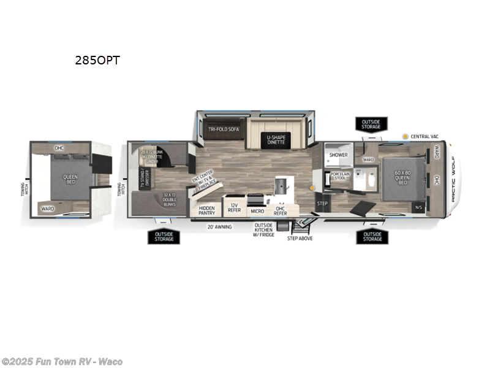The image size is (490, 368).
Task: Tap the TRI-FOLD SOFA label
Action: coord(222,129)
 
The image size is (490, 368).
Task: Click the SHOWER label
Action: coord(338,155)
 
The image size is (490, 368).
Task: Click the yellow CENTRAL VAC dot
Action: coord(405,136)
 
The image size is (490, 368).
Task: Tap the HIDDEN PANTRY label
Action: coord(206,210)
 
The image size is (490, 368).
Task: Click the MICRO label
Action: coord(257,211)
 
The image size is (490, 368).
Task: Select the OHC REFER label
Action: coord(280,210)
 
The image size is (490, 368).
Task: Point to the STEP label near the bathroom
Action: coord(323,204)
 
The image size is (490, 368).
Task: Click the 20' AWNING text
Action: coord(220,226)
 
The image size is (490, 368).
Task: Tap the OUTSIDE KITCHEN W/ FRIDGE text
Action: coord(266,229)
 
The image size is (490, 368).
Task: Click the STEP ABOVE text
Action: coord(300,238)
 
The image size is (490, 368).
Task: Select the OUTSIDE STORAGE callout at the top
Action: coord(371,125)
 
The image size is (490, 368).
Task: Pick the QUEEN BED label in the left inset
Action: coord(70,180)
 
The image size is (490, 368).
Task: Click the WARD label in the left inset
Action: coord(47,209)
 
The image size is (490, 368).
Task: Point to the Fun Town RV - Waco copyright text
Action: coord(62,361)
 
